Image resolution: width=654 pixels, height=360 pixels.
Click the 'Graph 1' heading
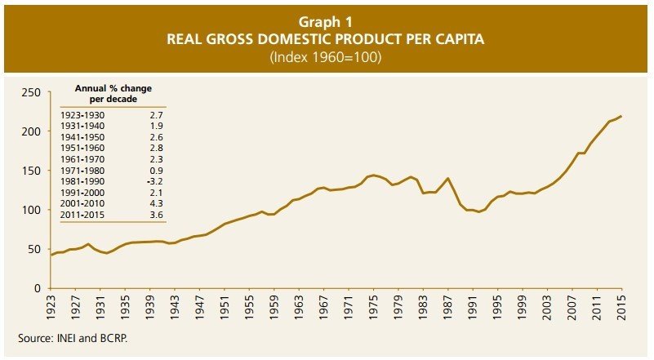(x=327, y=23)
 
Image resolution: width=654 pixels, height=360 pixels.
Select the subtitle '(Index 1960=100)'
(x=327, y=57)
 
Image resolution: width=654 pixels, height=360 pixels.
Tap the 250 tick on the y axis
(x=30, y=92)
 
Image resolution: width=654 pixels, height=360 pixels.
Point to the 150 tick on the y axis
(x=30, y=171)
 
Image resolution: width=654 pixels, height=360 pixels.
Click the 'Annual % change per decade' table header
(x=113, y=92)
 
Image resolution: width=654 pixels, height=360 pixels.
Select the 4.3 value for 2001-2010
(x=155, y=203)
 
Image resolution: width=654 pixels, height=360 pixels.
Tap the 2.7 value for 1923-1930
(x=155, y=116)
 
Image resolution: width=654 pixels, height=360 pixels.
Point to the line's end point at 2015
(x=621, y=116)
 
